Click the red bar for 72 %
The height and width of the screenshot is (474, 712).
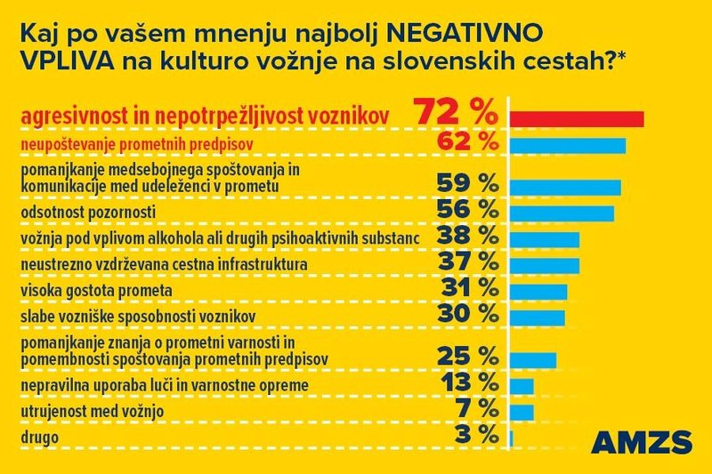576,119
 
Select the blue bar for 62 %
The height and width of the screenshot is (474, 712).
568,145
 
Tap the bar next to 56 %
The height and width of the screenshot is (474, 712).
562,213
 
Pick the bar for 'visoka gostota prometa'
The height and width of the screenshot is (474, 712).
538,292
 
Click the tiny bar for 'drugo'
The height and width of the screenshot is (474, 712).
511,438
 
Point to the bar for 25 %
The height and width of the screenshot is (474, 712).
533,359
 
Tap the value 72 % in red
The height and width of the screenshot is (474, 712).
454,115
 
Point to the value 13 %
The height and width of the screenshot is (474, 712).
466,382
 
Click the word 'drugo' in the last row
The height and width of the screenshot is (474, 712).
38,438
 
